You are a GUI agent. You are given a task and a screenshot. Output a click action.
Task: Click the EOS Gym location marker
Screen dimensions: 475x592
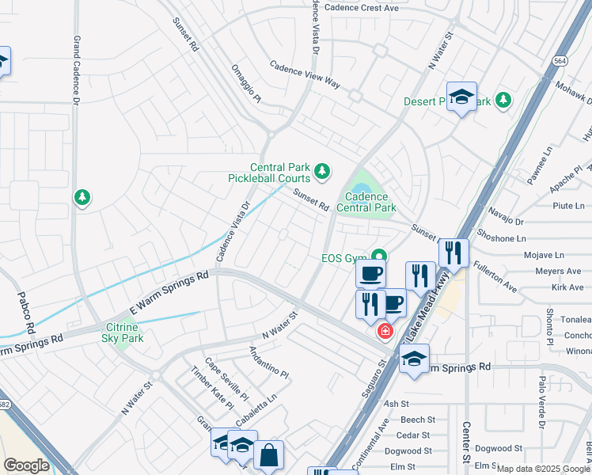click(x=380, y=256)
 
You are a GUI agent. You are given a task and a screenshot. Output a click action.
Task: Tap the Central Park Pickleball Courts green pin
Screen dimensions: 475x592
click(x=322, y=170)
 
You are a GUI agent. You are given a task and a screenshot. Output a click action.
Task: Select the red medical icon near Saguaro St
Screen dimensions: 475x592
click(x=385, y=331)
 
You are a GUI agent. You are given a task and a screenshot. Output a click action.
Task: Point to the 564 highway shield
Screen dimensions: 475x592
click(x=560, y=60)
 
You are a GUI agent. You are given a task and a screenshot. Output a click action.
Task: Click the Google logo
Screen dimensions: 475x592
click(x=26, y=465)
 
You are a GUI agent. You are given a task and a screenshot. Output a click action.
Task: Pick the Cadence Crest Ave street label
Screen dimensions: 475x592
click(x=362, y=7)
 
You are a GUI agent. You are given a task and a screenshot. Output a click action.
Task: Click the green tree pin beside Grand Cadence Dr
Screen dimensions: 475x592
click(x=82, y=197)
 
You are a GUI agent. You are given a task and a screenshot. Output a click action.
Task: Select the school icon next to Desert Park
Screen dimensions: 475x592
click(x=461, y=97)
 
